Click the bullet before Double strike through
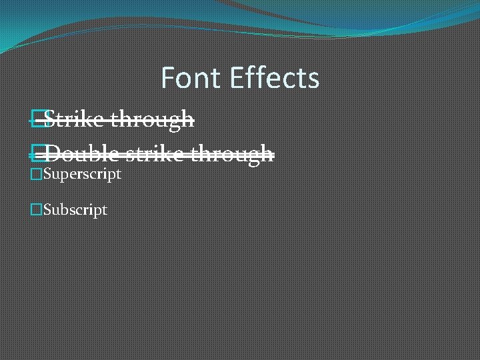pyautogui.click(x=37, y=154)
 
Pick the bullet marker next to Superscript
pyautogui.click(x=37, y=175)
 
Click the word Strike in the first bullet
pyautogui.click(x=74, y=120)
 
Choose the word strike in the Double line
pyautogui.click(x=155, y=154)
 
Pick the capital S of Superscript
pyautogui.click(x=47, y=175)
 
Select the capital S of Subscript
pyautogui.click(x=47, y=210)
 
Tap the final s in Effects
pyautogui.click(x=314, y=80)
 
